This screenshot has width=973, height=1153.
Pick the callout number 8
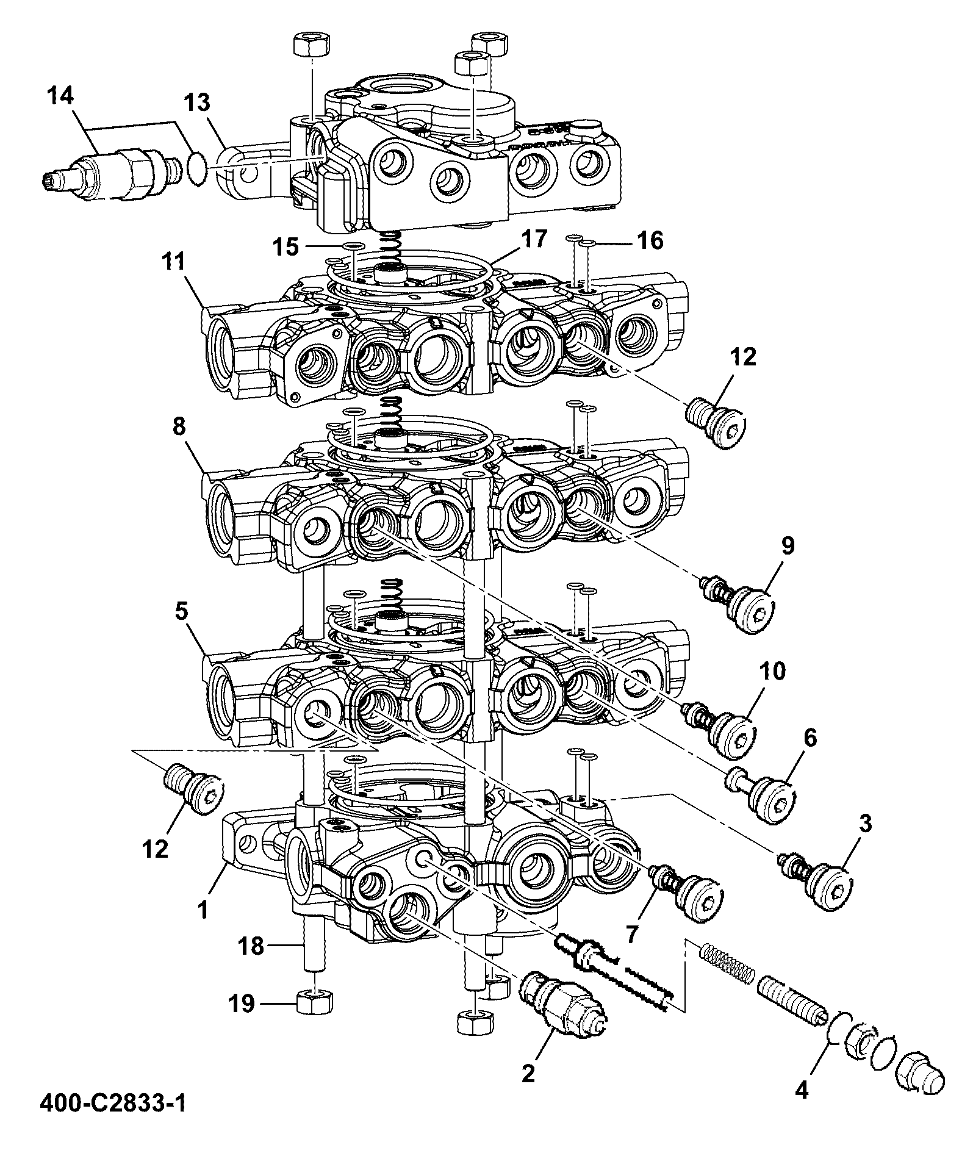tap(178, 427)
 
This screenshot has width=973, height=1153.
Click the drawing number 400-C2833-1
tap(113, 1103)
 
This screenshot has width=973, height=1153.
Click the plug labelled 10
tap(720, 731)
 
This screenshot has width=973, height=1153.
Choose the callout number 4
tap(802, 1090)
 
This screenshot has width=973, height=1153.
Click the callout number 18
tap(251, 946)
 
